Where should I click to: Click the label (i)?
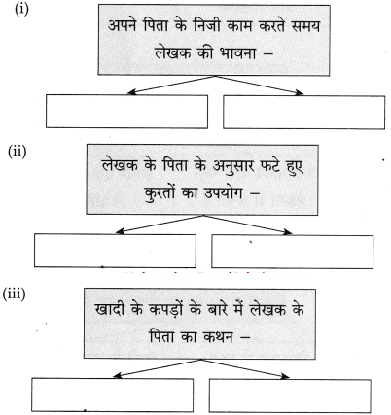pos(21,9)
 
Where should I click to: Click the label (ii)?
pos(17,152)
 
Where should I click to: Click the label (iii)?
pos(14,294)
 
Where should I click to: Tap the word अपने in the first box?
pos(124,26)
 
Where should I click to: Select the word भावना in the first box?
pos(230,52)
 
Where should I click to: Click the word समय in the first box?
pos(305,26)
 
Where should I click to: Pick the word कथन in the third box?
pos(218,337)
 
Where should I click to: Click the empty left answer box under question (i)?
pos(126,112)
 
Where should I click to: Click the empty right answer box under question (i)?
pos(304,113)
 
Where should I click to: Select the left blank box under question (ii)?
pos(115,251)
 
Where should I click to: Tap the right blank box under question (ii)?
pos(293,252)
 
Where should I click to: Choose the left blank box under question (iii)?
pos(113,395)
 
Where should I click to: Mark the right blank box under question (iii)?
pos(290,396)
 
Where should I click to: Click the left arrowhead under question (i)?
pos(131,92)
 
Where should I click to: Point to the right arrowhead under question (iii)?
pos(285,376)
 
